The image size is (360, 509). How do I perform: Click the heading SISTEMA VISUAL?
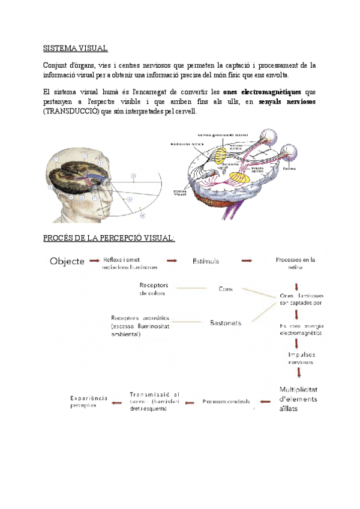tap(75, 48)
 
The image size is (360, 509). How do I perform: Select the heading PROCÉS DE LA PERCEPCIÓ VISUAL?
tap(109, 239)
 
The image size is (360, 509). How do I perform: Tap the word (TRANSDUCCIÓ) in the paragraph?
tap(72, 112)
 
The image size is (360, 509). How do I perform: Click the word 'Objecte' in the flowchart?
tap(67, 261)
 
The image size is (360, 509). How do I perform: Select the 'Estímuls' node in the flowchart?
tap(206, 261)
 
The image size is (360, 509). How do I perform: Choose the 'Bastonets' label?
tap(226, 323)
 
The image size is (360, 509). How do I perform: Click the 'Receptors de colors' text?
tap(153, 289)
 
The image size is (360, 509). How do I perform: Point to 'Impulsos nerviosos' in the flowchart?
tap(299, 358)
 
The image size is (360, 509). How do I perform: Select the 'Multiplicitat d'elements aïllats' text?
tap(298, 399)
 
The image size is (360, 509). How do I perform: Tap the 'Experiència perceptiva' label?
tap(89, 401)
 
